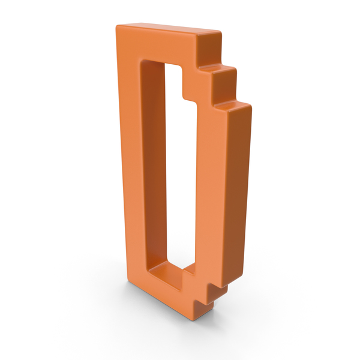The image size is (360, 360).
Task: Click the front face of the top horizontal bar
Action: click(x=156, y=47)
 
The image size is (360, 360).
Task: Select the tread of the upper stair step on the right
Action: click(x=217, y=68)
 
